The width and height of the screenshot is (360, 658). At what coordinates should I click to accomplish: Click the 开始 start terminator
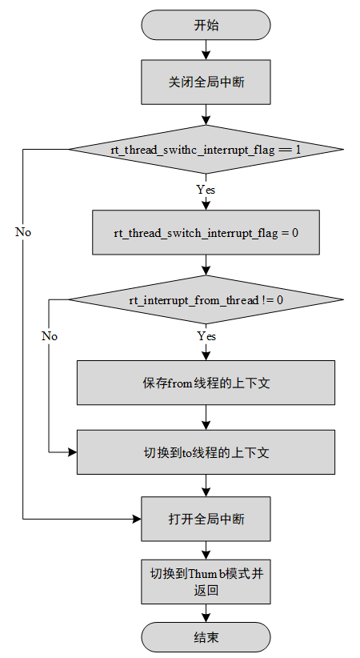[x=206, y=25]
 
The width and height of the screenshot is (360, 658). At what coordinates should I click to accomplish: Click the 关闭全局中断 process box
[x=206, y=82]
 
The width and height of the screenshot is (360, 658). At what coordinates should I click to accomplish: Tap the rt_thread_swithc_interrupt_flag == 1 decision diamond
[x=206, y=150]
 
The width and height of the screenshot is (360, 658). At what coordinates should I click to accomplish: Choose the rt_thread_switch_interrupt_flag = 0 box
[x=206, y=232]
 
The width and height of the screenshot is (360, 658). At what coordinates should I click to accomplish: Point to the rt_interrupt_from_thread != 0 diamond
[x=206, y=299]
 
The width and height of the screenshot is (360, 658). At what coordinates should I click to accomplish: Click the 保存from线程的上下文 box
[x=206, y=383]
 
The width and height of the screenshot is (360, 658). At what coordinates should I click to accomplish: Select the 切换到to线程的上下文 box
[x=206, y=451]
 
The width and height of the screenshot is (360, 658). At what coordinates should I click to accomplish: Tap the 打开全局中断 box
[x=206, y=519]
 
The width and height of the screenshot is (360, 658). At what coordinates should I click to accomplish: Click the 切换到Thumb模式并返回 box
[x=206, y=581]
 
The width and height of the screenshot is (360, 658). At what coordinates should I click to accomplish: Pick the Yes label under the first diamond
[x=206, y=191]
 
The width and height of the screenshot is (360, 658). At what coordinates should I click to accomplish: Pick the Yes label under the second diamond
[x=206, y=336]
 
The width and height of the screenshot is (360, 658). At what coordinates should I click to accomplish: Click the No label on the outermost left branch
[x=23, y=231]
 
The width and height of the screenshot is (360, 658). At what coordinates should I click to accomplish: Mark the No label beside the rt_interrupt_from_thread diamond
[x=50, y=336]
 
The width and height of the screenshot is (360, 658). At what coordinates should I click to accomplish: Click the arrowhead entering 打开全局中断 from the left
[x=137, y=519]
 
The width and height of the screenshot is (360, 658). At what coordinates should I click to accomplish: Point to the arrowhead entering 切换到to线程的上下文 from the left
[x=72, y=451]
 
